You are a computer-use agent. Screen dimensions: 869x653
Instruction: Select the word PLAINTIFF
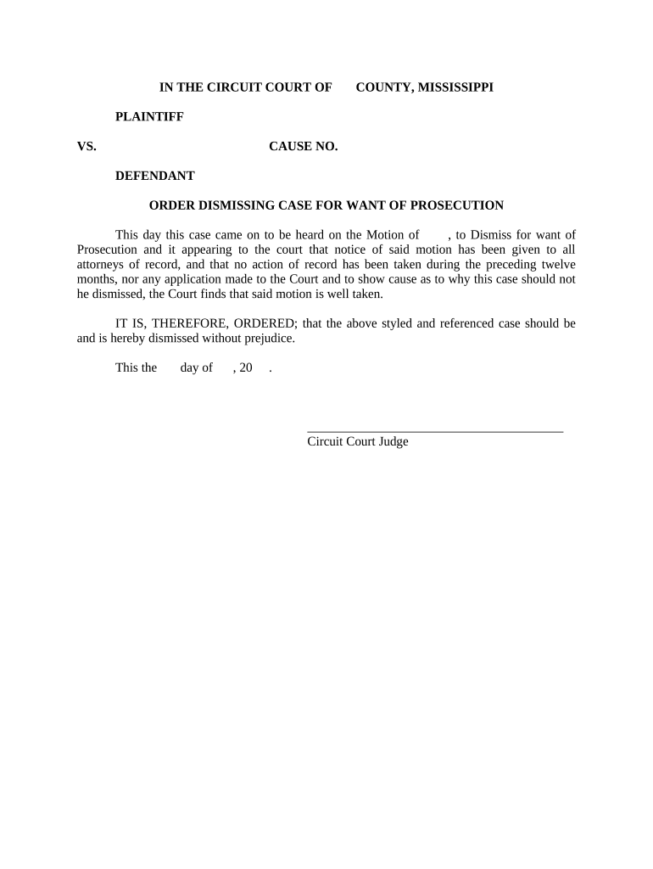tap(149, 117)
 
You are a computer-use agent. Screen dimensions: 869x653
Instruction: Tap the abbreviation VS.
tap(87, 147)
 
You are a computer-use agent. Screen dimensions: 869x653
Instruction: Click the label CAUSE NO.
tap(304, 147)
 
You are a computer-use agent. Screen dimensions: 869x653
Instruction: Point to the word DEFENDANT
tap(155, 177)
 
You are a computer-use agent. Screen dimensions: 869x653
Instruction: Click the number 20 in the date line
tap(246, 368)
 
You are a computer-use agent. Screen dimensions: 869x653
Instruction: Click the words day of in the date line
tap(196, 368)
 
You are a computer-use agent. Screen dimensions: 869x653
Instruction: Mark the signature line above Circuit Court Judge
tap(434, 432)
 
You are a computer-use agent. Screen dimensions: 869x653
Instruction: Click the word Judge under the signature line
tap(394, 442)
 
